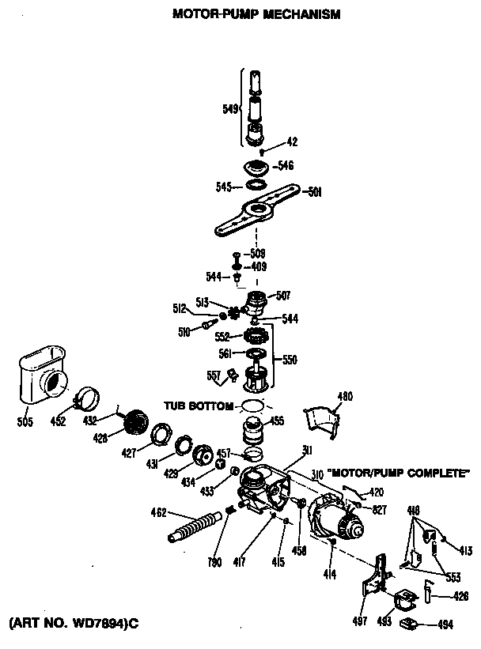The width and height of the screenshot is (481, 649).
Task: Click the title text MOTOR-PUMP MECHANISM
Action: (x=256, y=14)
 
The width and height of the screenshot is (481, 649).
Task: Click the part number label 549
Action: (x=230, y=109)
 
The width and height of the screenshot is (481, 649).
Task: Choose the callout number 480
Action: (x=345, y=396)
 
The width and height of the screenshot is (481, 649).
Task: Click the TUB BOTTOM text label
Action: (x=199, y=406)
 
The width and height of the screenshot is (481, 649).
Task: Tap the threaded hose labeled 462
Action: (x=193, y=527)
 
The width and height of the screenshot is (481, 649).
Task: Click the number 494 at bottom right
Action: (x=445, y=624)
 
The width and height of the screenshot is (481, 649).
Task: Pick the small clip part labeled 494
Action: (x=410, y=624)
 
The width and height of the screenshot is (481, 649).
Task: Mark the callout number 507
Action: (x=282, y=296)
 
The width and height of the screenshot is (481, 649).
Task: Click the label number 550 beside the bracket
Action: (x=290, y=360)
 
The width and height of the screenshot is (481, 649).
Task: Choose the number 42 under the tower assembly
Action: (x=292, y=142)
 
